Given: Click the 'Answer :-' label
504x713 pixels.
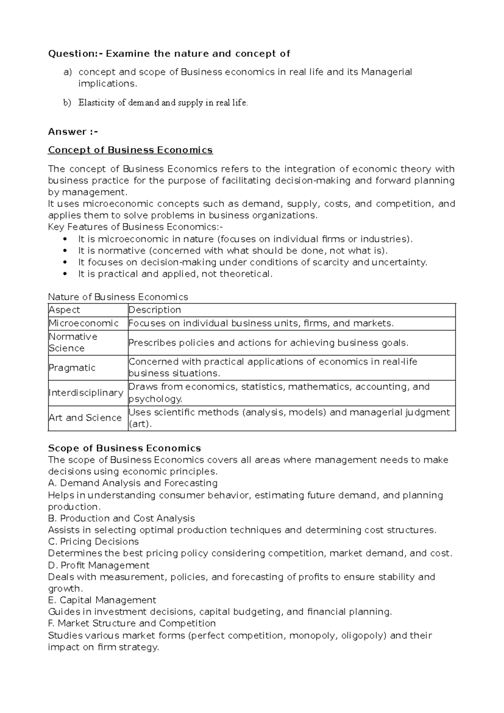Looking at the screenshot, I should (73, 132).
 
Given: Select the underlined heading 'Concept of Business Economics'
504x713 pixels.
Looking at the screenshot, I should (130, 150).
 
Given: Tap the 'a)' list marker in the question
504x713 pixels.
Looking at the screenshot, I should (68, 72).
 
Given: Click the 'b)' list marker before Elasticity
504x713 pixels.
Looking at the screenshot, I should (68, 103).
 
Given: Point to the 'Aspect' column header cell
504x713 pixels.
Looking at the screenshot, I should (64, 310).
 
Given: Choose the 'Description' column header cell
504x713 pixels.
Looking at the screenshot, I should (155, 310).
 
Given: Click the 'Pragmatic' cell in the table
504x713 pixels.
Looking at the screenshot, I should (72, 368).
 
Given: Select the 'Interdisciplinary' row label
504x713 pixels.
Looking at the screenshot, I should (86, 393).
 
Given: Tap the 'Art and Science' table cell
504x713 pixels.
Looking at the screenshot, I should (85, 418).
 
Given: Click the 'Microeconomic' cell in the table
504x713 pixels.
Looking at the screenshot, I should (84, 323).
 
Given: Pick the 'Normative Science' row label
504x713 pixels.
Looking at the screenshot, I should (73, 342).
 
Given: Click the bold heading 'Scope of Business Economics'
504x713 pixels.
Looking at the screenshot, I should (124, 448).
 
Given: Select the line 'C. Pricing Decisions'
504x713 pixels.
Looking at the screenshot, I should (93, 541).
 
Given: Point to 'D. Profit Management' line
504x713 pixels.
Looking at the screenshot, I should (99, 565).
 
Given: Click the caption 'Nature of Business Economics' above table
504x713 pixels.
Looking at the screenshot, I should (118, 297).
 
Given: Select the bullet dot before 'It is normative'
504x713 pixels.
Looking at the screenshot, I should (64, 251).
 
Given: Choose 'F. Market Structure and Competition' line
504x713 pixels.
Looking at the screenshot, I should (132, 623).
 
